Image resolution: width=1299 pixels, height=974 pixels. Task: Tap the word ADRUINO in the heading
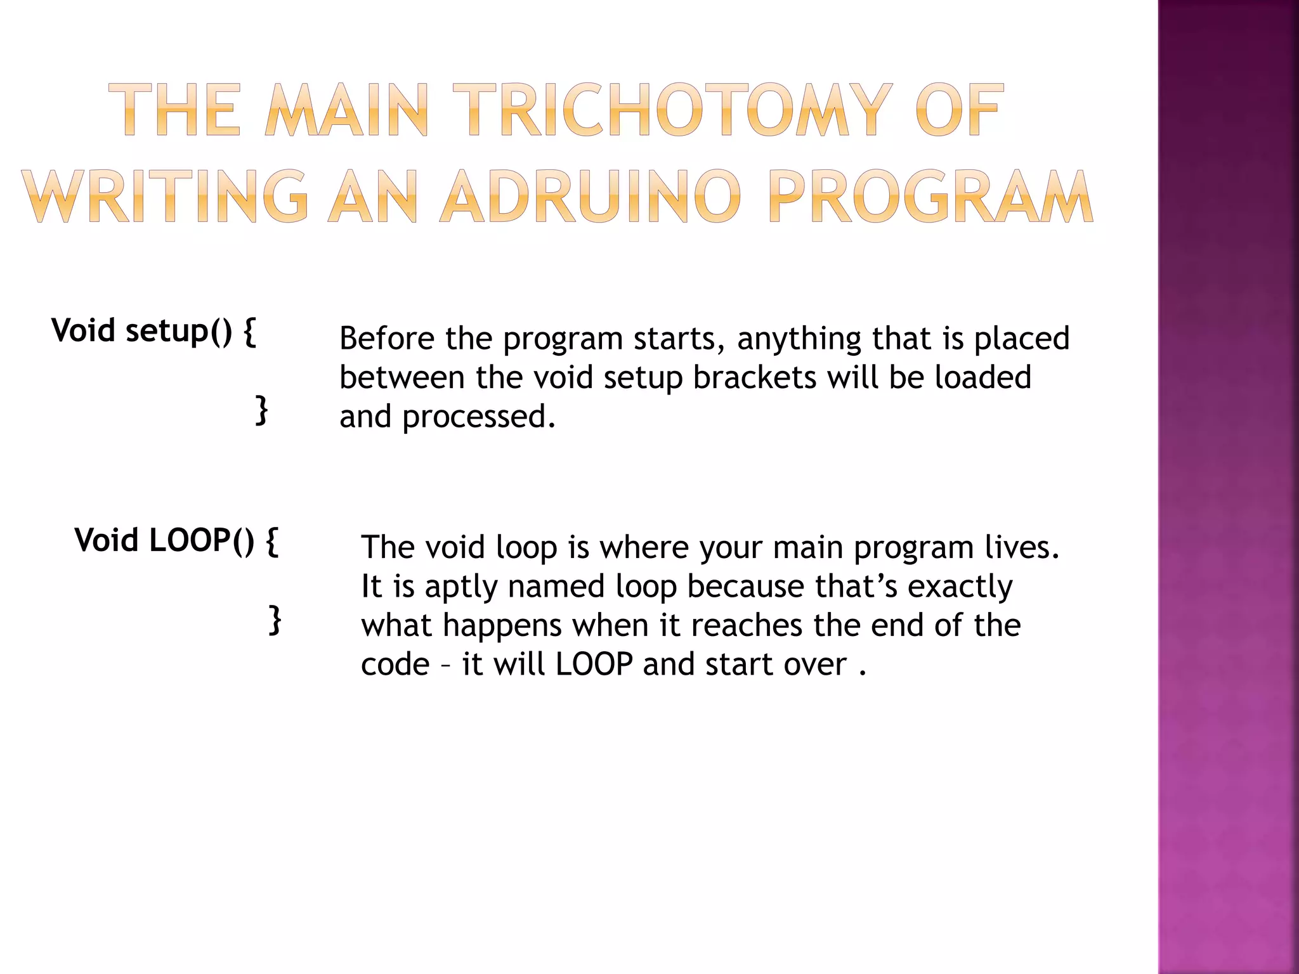coord(591,196)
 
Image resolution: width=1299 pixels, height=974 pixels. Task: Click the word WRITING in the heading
coord(167,196)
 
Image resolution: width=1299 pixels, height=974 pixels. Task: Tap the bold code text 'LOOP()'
coord(202,540)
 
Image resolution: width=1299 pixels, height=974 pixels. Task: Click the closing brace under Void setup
coord(261,410)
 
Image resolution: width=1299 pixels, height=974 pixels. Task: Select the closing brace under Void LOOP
coord(275,620)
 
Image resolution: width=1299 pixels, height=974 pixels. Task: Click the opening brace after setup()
coord(250,331)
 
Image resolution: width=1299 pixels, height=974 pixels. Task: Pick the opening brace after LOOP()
coord(271,540)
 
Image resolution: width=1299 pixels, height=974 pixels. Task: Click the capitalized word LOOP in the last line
coord(594,665)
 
